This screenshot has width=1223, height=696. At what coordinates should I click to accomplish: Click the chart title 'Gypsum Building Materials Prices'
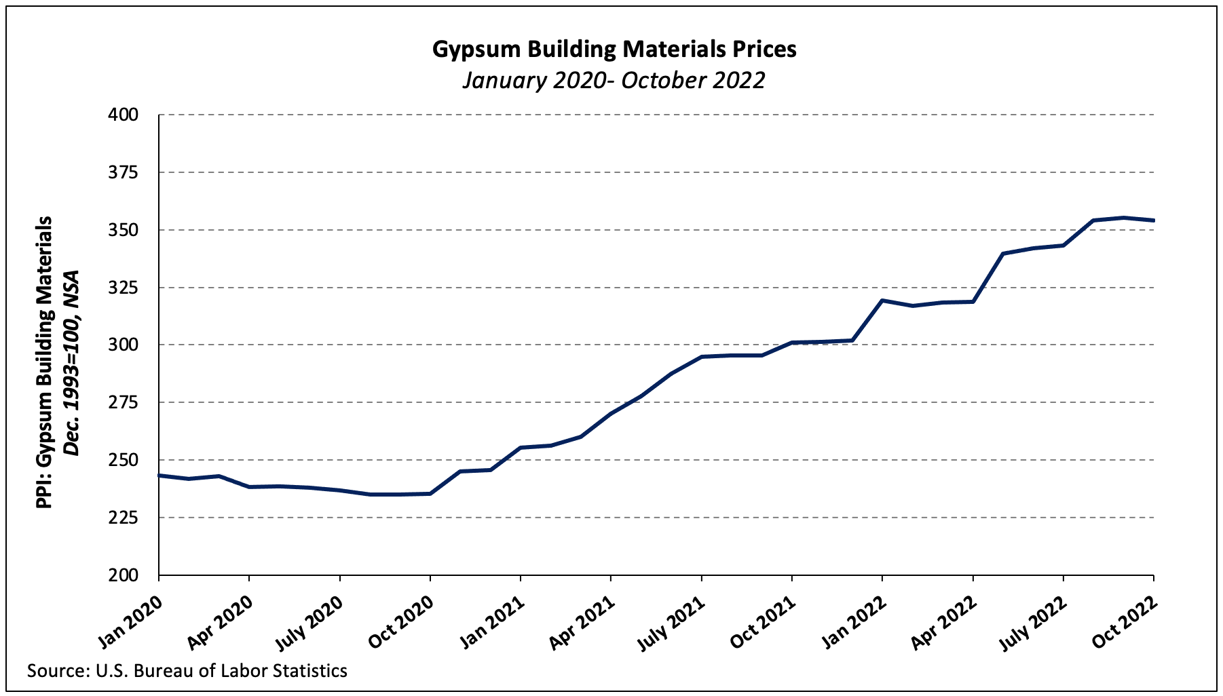tap(614, 50)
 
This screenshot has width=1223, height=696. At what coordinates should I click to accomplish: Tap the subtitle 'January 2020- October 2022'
tap(614, 80)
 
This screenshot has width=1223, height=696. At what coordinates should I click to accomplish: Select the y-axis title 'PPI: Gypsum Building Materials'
tap(44, 362)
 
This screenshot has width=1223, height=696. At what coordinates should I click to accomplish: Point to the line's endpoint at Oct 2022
tap(1154, 220)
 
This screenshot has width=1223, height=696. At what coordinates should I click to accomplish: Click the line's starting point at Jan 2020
tap(159, 476)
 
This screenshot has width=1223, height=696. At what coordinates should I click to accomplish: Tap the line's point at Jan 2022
tap(882, 300)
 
